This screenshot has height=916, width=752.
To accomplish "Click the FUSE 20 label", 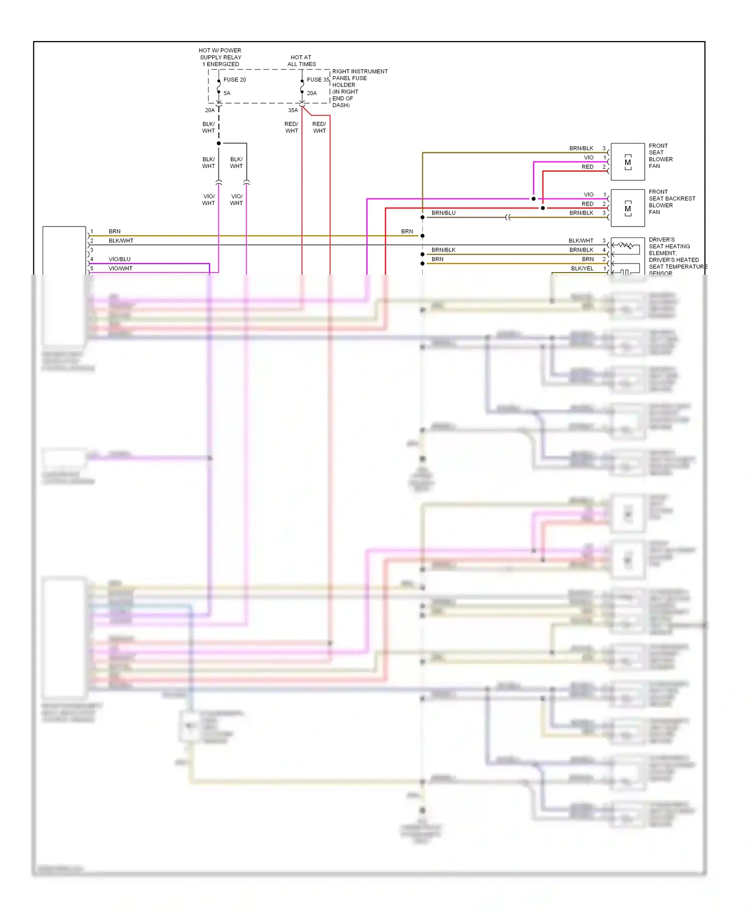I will pos(234,80).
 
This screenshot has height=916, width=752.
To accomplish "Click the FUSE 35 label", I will pos(318,80).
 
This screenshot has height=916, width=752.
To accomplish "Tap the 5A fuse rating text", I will pos(227,93).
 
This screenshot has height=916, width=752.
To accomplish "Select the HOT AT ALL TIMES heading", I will pos(301,61).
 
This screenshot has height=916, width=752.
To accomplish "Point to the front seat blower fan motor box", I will pos(627,162).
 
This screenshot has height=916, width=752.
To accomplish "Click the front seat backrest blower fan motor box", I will pos(627,208).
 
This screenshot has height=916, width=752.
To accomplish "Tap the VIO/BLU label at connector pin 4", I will pos(119,259).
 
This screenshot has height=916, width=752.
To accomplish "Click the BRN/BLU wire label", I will pos(443,213).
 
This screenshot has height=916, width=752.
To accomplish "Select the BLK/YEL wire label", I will pos(582,269).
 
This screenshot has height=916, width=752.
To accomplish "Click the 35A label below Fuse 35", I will pos(293,110).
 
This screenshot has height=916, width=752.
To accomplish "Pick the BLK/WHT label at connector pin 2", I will pos(121,241).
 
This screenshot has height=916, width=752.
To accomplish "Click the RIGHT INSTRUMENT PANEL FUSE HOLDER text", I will pos(359,88).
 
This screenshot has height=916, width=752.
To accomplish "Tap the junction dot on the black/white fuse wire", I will pos(219,143).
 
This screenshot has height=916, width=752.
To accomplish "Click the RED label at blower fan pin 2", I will pos(587,167).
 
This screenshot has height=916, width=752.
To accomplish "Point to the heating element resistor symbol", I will pos(625,245).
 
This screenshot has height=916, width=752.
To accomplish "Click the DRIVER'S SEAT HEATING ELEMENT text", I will pos(669,247).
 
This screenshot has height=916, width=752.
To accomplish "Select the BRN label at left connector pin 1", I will pos(114,232).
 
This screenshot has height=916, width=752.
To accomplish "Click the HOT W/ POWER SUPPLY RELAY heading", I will pos(220,57).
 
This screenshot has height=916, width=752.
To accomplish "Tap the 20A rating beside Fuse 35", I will pos(311,93).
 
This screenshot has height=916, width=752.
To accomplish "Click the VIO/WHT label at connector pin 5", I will pos(120,269).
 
